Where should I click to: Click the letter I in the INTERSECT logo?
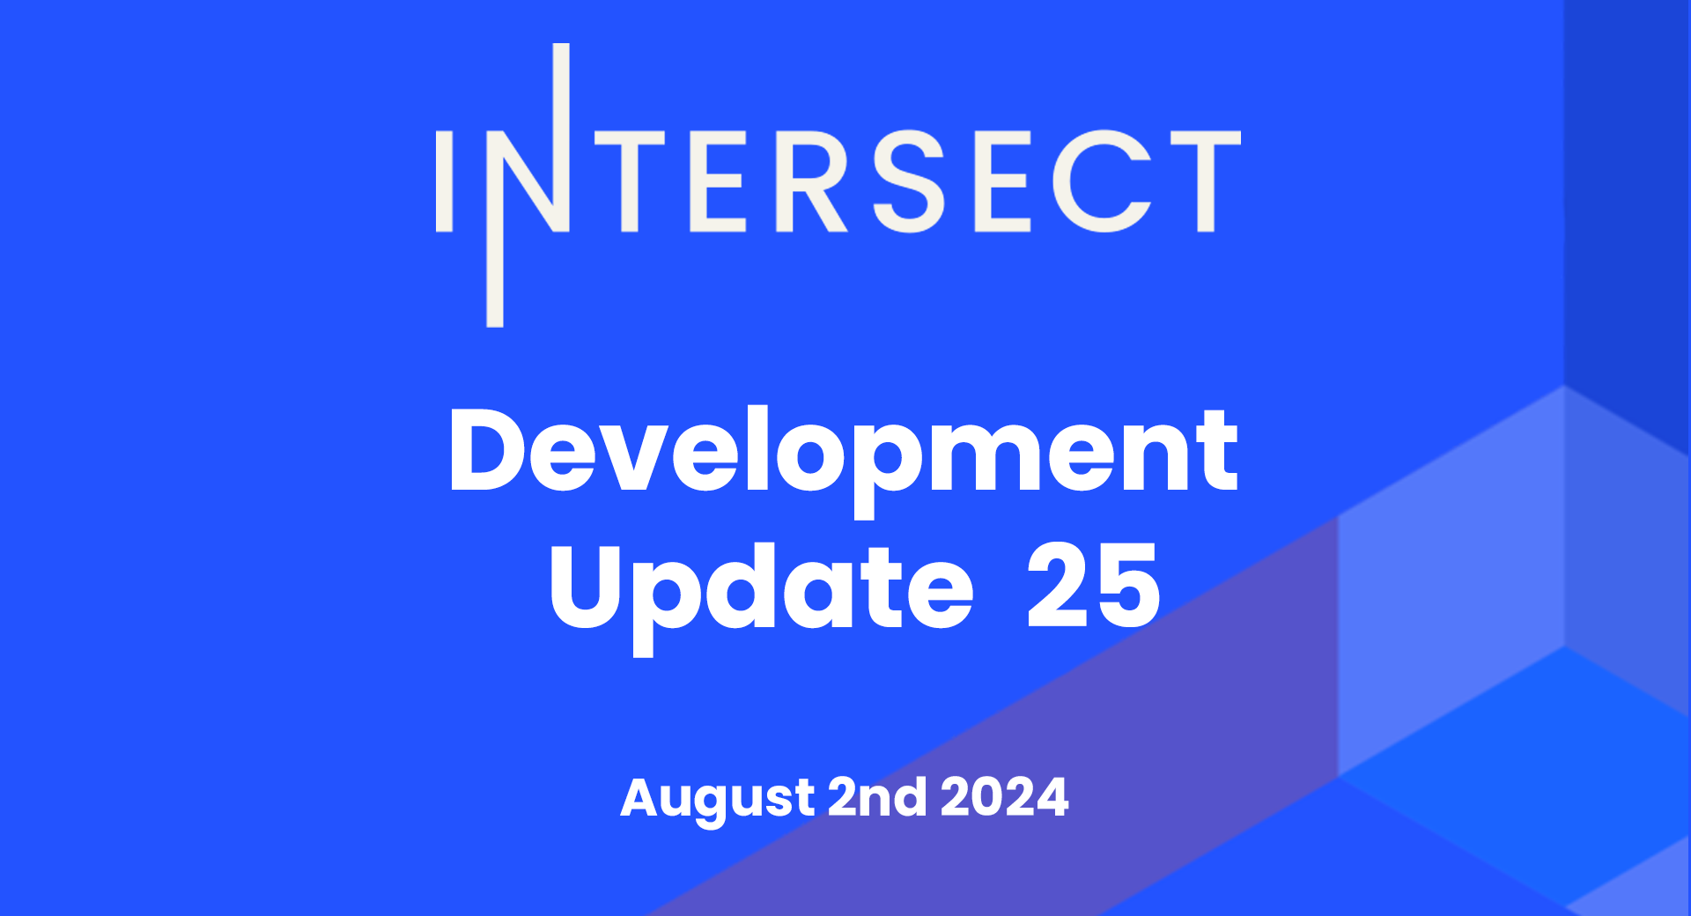[x=444, y=181]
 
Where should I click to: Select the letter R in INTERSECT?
[x=810, y=181]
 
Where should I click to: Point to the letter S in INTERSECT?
[x=908, y=181]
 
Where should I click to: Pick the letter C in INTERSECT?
[x=1102, y=181]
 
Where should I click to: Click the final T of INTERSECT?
[x=1206, y=181]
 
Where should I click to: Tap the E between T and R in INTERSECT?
[x=718, y=181]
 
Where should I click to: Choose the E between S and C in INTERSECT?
[x=1002, y=181]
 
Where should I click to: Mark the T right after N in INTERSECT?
[x=630, y=181]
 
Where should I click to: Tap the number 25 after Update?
[x=1093, y=585]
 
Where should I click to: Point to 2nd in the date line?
[x=877, y=797]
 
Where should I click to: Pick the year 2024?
[x=1005, y=797]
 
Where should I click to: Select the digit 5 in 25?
[x=1128, y=586]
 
